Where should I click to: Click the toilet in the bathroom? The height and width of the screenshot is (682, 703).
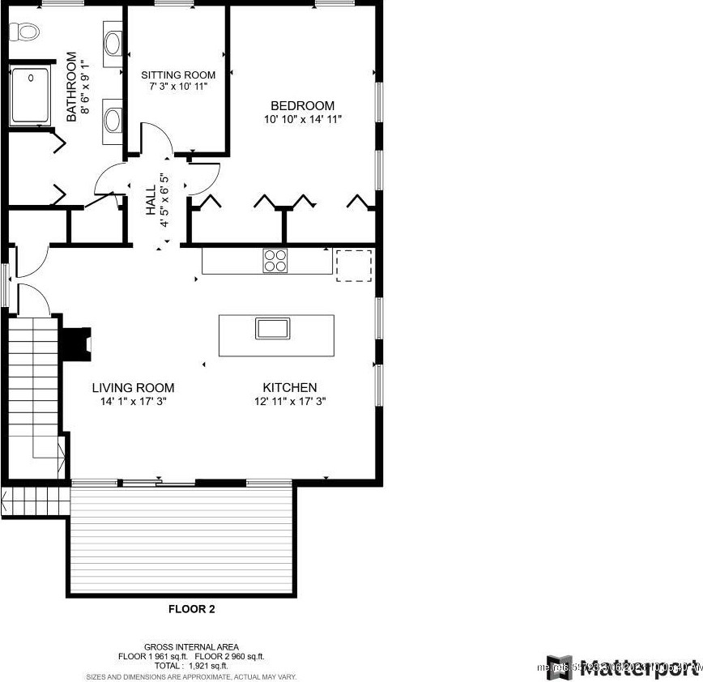click(24, 32)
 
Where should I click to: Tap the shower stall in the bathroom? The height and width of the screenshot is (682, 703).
click(30, 96)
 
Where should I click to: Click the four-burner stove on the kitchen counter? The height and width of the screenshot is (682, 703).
click(275, 261)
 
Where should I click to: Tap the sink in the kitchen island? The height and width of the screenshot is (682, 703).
click(271, 328)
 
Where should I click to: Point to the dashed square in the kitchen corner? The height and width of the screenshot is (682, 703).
click(353, 266)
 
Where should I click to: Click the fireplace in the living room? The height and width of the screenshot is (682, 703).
click(79, 342)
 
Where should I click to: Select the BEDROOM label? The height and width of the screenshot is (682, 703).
click(302, 106)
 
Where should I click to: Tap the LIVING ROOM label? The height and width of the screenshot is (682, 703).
click(133, 388)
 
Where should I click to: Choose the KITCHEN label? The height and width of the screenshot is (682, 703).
click(289, 388)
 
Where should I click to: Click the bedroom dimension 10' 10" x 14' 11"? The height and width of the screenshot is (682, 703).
click(302, 120)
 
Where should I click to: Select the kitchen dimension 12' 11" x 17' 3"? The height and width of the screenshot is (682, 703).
click(289, 401)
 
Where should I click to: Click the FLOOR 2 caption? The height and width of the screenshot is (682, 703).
click(191, 609)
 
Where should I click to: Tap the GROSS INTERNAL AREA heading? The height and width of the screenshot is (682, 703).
click(191, 646)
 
